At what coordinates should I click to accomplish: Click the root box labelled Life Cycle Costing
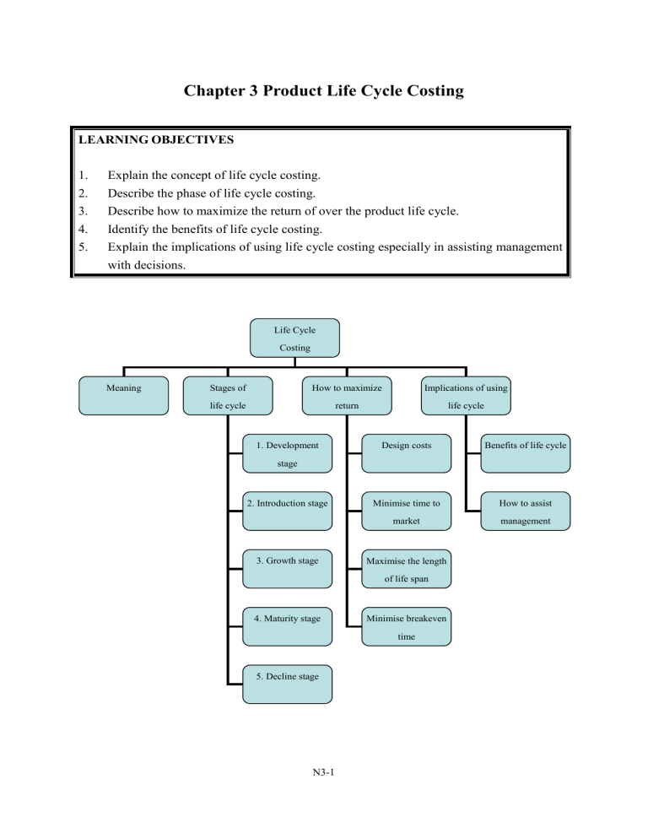(x=294, y=338)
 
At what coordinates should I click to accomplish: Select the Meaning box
(x=123, y=396)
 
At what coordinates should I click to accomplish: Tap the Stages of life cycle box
(x=228, y=396)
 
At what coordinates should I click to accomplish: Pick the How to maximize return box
(x=347, y=396)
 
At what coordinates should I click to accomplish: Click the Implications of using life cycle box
(x=466, y=396)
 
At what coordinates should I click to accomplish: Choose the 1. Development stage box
(x=288, y=454)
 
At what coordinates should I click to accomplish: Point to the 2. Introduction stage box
(x=288, y=512)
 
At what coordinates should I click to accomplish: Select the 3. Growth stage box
(x=288, y=569)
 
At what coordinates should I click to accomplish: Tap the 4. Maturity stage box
(x=288, y=626)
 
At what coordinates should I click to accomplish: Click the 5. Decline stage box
(x=288, y=685)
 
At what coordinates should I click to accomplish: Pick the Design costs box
(x=407, y=454)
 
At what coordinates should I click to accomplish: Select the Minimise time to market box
(x=407, y=512)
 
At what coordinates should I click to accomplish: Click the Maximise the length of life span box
(x=407, y=569)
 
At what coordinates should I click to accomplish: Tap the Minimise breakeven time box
(x=407, y=626)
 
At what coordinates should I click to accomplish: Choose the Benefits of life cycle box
(x=526, y=454)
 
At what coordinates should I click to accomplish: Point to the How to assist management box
(x=526, y=512)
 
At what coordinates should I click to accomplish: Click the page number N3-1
(x=324, y=772)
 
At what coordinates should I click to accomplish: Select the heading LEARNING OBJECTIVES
(x=156, y=139)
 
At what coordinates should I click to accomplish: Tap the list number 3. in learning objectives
(x=83, y=211)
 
